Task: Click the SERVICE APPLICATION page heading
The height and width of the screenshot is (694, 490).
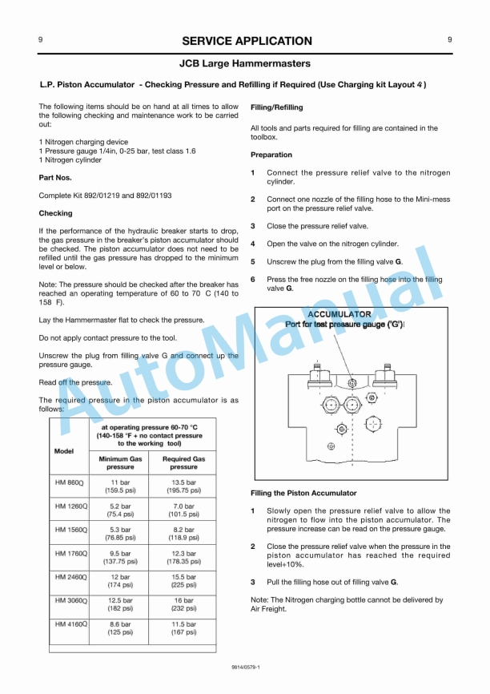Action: (x=246, y=41)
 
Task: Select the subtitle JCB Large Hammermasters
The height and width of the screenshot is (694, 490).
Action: (x=245, y=63)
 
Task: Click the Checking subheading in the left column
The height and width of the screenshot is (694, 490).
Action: (x=55, y=213)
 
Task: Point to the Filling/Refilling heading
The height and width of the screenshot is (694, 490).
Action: (x=277, y=107)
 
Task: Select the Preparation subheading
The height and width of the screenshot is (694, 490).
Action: (x=271, y=155)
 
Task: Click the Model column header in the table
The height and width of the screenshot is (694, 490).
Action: (x=64, y=450)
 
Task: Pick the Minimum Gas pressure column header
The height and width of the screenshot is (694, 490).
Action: (x=120, y=462)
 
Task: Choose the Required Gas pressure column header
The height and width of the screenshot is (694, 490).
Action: (x=183, y=462)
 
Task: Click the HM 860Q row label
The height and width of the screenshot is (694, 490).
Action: (x=70, y=482)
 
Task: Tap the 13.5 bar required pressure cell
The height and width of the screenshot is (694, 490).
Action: (x=183, y=486)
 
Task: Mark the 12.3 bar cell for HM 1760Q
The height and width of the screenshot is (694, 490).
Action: (x=183, y=557)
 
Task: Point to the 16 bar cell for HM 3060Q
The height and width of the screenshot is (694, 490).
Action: (x=183, y=603)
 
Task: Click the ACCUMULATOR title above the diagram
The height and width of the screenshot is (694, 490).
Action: (x=339, y=314)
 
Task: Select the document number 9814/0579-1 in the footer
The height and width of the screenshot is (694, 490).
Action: (x=245, y=666)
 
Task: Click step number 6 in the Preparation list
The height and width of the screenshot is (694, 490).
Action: (x=253, y=280)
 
